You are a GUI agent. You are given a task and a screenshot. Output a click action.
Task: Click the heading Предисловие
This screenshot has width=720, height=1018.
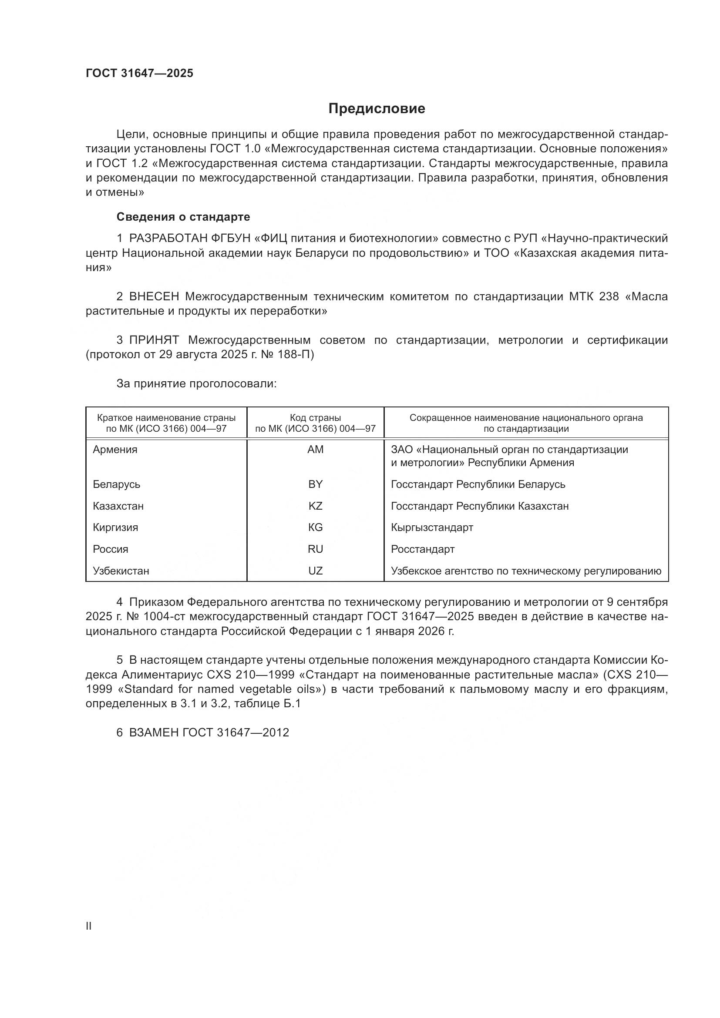coord(377,109)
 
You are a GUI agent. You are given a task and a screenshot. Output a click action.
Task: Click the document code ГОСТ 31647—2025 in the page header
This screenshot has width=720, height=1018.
coord(139,73)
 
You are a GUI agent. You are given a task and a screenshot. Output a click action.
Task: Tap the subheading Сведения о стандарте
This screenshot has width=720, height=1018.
coord(183,217)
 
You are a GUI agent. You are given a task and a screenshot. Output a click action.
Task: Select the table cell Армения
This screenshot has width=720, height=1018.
coord(115,450)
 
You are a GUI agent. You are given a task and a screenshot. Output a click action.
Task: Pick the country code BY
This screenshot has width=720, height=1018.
coord(315,484)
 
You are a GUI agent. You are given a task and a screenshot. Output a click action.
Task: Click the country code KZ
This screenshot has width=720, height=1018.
coord(315,506)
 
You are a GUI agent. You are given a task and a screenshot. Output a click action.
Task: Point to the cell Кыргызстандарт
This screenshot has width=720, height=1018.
coord(432,527)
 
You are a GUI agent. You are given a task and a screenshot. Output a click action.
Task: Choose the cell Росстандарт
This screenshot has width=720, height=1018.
coord(423,549)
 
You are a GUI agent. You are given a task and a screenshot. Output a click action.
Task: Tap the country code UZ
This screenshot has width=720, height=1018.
coord(315,571)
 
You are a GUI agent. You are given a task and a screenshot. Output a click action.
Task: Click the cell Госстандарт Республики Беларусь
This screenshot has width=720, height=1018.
coord(478,484)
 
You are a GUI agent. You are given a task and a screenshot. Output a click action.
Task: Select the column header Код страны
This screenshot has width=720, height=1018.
coord(315,418)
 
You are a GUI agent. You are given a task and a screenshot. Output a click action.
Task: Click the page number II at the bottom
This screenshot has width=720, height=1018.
coord(89,926)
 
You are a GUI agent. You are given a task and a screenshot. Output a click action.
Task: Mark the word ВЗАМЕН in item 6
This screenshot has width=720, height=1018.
coord(153,732)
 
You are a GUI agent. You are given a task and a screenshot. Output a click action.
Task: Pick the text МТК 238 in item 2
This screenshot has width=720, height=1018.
coord(594,297)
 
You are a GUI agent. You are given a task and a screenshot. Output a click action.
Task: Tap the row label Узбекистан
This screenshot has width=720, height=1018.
coord(121,571)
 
